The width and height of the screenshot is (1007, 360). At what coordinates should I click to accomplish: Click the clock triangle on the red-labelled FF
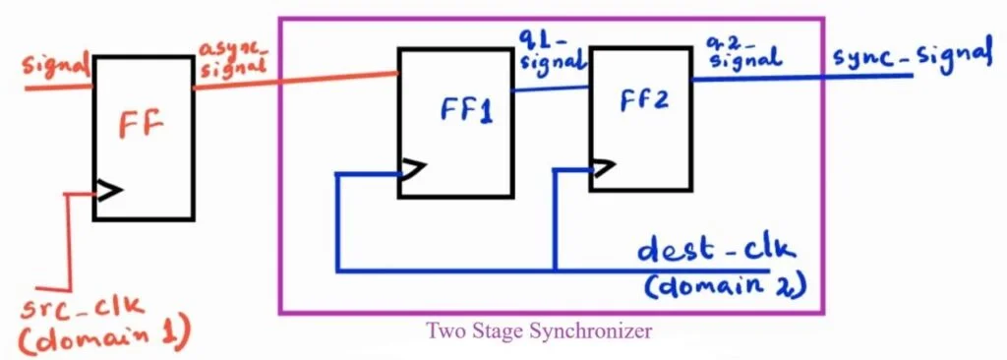pos(108,190)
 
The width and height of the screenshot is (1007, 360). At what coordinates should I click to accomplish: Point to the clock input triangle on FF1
pos(411,171)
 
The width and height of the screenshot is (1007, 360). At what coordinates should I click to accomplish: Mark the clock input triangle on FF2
pos(603,169)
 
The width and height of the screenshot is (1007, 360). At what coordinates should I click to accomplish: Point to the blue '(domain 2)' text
pos(726,287)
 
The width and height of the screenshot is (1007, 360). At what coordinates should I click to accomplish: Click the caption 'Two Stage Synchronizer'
pos(539,331)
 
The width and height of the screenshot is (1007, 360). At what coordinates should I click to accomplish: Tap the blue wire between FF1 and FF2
pos(551,88)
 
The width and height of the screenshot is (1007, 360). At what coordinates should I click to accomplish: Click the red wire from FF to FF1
pos(295,78)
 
